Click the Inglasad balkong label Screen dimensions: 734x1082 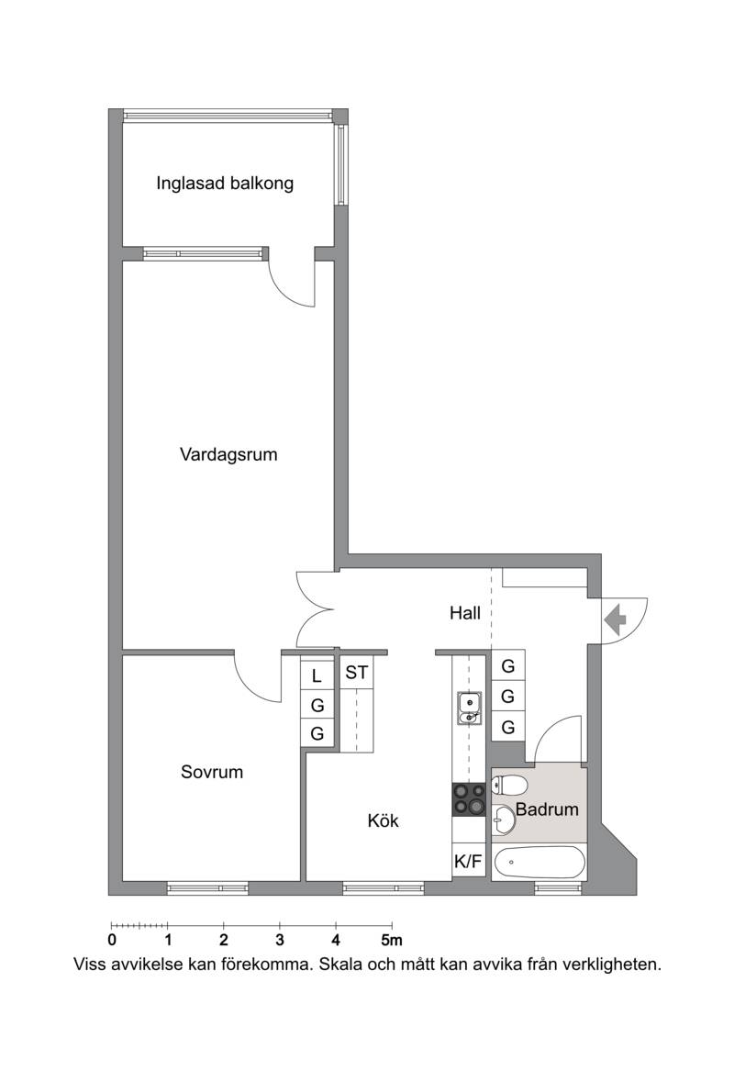(224, 184)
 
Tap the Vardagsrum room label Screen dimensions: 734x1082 (228, 455)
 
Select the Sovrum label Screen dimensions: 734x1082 (212, 772)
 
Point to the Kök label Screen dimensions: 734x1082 (383, 820)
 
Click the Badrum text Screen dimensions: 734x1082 (547, 809)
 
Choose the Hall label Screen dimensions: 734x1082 (465, 613)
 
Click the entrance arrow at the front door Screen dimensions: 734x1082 (615, 619)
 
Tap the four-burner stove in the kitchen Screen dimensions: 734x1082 (469, 799)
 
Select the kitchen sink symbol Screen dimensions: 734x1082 (469, 708)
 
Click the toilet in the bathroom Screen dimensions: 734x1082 (509, 786)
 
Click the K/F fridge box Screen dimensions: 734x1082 (469, 861)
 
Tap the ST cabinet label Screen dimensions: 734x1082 (357, 672)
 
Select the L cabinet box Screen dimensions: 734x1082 (317, 675)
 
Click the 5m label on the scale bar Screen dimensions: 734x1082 (392, 940)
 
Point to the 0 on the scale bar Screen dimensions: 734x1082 (112, 940)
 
